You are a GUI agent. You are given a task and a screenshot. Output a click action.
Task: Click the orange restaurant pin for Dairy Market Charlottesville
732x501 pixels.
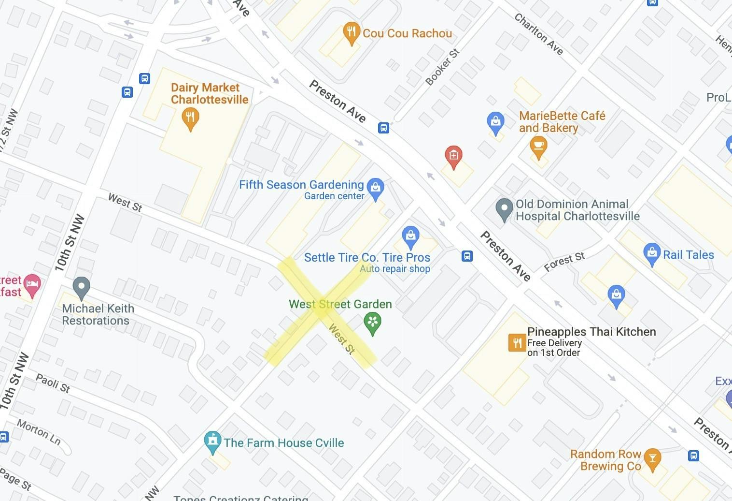click(190, 118)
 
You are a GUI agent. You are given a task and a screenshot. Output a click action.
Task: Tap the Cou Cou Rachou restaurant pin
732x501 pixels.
click(351, 32)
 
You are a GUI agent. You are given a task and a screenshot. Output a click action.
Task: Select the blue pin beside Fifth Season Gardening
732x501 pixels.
click(375, 188)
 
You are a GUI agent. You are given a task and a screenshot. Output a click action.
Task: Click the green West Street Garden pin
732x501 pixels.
click(372, 322)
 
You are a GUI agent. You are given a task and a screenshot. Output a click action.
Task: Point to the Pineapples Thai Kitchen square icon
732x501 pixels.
click(517, 343)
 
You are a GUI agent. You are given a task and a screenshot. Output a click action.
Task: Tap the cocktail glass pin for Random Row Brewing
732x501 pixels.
click(652, 459)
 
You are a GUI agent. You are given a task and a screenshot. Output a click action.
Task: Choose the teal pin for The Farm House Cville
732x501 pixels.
click(212, 441)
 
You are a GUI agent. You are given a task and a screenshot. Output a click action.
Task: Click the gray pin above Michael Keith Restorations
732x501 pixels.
click(81, 287)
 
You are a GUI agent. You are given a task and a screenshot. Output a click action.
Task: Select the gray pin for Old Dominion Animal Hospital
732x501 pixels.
click(504, 209)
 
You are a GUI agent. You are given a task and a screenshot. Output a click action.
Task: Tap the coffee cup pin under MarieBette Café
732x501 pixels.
click(538, 146)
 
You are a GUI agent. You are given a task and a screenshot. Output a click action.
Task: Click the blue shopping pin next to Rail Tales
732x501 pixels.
click(652, 253)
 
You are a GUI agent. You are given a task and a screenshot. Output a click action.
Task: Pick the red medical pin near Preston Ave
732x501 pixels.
click(453, 156)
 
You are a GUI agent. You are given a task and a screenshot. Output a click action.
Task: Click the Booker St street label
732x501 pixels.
click(442, 67)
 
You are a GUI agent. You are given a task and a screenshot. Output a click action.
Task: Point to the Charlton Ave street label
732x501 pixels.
click(538, 34)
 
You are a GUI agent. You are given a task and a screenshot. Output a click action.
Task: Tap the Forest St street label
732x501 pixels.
click(564, 262)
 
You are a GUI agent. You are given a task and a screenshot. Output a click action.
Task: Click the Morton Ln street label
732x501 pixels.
click(39, 431)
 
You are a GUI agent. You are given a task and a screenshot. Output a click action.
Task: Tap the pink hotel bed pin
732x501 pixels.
click(32, 285)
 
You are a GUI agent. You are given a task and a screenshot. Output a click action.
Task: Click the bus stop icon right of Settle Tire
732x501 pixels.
click(467, 256)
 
